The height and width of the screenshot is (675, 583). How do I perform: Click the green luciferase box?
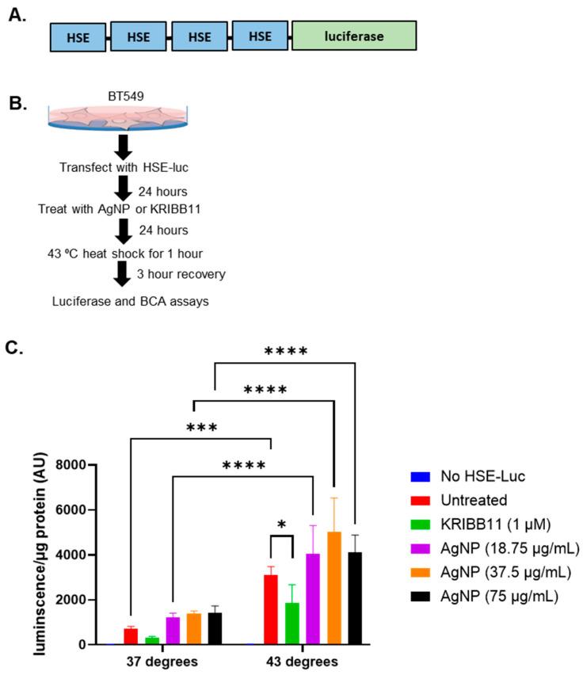[353, 36]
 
